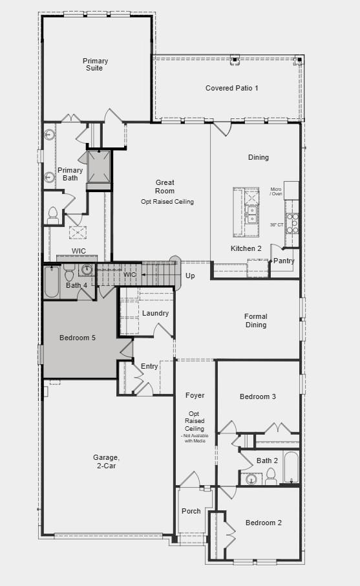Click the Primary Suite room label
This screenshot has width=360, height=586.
[x=95, y=65]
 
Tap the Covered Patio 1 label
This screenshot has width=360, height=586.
[x=232, y=88]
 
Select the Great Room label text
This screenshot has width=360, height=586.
[x=165, y=187]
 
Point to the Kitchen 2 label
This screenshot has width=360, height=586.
[x=246, y=248]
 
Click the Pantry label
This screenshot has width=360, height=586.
[x=284, y=261]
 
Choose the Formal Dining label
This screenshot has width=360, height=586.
[x=256, y=321]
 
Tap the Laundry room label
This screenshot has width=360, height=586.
[x=156, y=314]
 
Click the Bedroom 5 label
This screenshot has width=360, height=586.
[x=78, y=338]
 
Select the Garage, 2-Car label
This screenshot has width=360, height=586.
[x=106, y=462]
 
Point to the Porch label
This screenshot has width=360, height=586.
[x=191, y=512]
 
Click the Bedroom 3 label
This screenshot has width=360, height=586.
[x=258, y=396]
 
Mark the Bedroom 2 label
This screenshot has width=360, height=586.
[x=264, y=523]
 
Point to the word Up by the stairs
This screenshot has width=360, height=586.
[x=190, y=276]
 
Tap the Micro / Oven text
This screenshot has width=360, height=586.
[x=277, y=191]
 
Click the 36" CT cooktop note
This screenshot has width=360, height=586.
[x=277, y=224]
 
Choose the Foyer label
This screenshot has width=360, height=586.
[x=195, y=395]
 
